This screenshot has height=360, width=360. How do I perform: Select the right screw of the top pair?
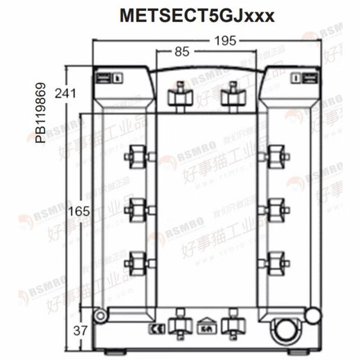[231, 96]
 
